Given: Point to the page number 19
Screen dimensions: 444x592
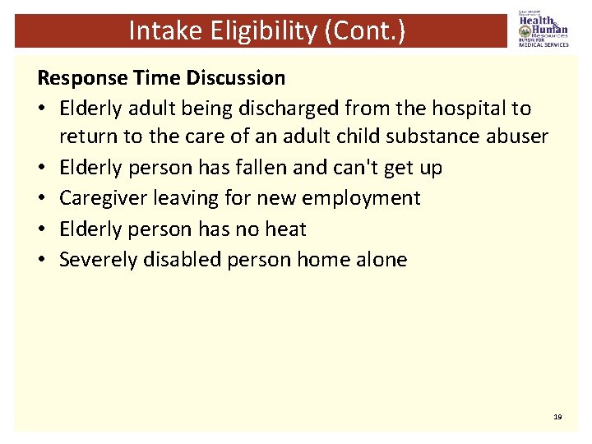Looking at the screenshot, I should coord(557,418).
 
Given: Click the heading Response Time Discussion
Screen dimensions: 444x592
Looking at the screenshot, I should coord(161,78).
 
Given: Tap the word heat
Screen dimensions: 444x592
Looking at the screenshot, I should coord(285,229).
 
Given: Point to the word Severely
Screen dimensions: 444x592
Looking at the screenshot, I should coord(99,259).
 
